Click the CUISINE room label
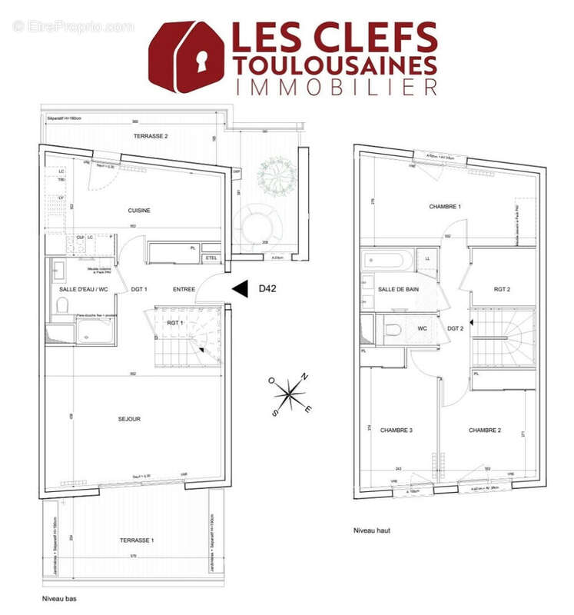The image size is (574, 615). click(x=138, y=211)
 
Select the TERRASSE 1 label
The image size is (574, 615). click(x=137, y=540)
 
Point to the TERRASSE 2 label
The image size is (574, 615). click(x=151, y=136)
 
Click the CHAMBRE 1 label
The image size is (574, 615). click(x=445, y=207)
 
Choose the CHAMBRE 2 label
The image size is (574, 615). click(x=485, y=430)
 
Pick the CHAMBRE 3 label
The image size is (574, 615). click(x=397, y=430)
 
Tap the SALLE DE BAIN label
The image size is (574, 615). click(x=398, y=289)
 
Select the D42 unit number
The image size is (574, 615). click(x=267, y=289)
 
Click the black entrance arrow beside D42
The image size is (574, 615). click(x=241, y=289)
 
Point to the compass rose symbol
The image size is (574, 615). click(x=289, y=394)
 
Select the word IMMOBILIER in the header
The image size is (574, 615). click(x=337, y=87)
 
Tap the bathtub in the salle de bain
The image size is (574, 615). click(x=386, y=259)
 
